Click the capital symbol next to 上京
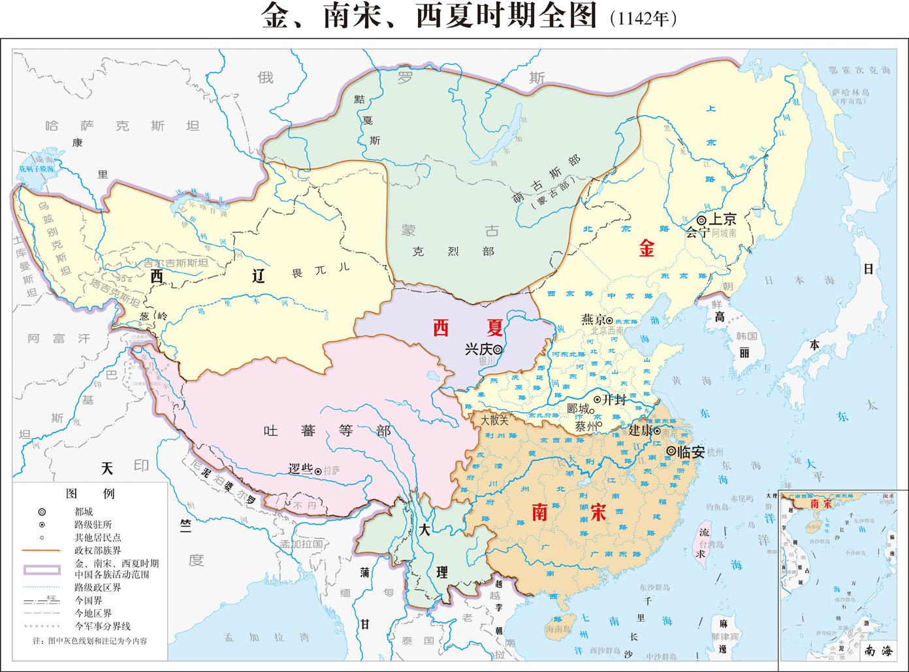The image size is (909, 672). pos(701,220)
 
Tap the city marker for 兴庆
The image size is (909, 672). pos(498,349)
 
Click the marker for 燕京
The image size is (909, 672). pos(609,320)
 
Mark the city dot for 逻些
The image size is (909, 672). pos(317,470)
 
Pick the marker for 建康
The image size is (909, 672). pos(656,431)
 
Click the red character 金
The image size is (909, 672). pos(646,249)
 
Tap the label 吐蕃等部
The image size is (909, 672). pos(327,431)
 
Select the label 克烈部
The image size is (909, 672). pos(453,251)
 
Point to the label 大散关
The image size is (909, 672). pos(494,420)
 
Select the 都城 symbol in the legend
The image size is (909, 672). pos(42,512)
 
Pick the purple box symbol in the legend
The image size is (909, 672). pos(42,569)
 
